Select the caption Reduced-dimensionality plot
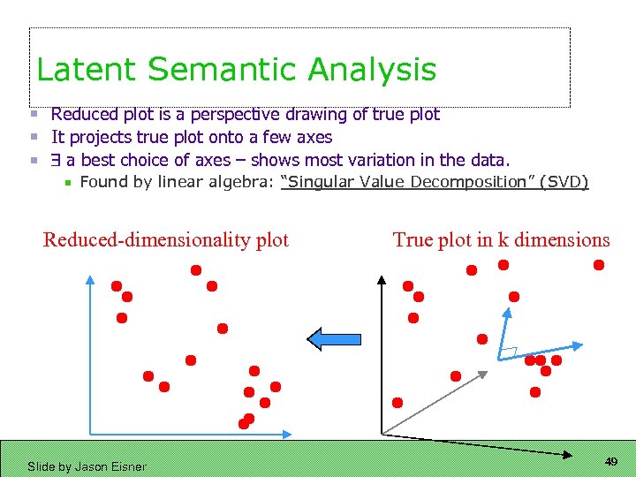(166, 239)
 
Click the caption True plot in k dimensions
(501, 239)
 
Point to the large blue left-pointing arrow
(333, 338)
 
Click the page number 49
(610, 462)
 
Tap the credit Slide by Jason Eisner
(87, 466)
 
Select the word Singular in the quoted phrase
(317, 182)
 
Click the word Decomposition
(473, 182)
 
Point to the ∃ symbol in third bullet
(56, 160)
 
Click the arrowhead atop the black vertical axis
(382, 281)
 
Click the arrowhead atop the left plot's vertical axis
(90, 281)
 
